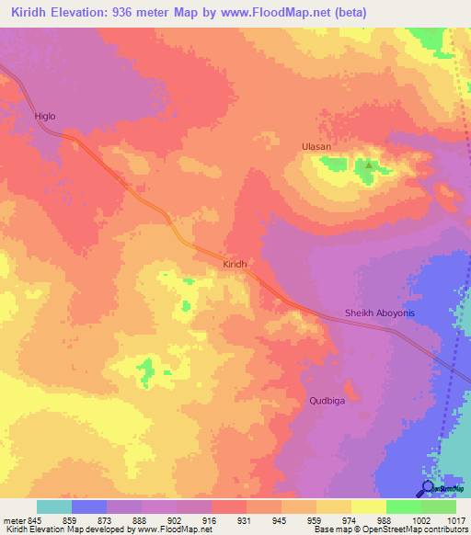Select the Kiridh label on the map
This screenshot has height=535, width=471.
tap(235, 264)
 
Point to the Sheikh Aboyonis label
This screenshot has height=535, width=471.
tap(380, 313)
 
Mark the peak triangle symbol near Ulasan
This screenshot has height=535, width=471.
tap(368, 165)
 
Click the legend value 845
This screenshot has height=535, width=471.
tap(32, 520)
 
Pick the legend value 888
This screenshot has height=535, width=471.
tap(139, 520)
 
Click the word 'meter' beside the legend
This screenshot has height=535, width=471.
tap(12, 520)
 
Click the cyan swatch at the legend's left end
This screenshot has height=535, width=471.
tap(54, 507)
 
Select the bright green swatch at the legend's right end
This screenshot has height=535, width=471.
tap(439, 507)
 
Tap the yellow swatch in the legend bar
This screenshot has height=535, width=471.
tap(369, 507)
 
